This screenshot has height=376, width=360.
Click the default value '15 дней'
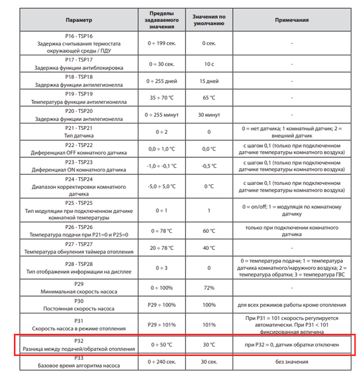(209, 81)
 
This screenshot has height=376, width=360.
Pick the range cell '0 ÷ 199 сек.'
(165, 43)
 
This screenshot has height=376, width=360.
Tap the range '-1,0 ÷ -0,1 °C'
(165, 166)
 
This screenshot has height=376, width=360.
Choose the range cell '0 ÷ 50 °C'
(165, 345)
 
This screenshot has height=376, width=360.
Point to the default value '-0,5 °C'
(209, 166)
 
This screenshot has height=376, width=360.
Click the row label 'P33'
(79, 358)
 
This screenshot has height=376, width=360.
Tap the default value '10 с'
(209, 64)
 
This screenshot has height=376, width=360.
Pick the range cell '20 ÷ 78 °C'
(165, 248)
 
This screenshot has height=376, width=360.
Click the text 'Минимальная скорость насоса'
(79, 291)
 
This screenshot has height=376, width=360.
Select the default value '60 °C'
(209, 230)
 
